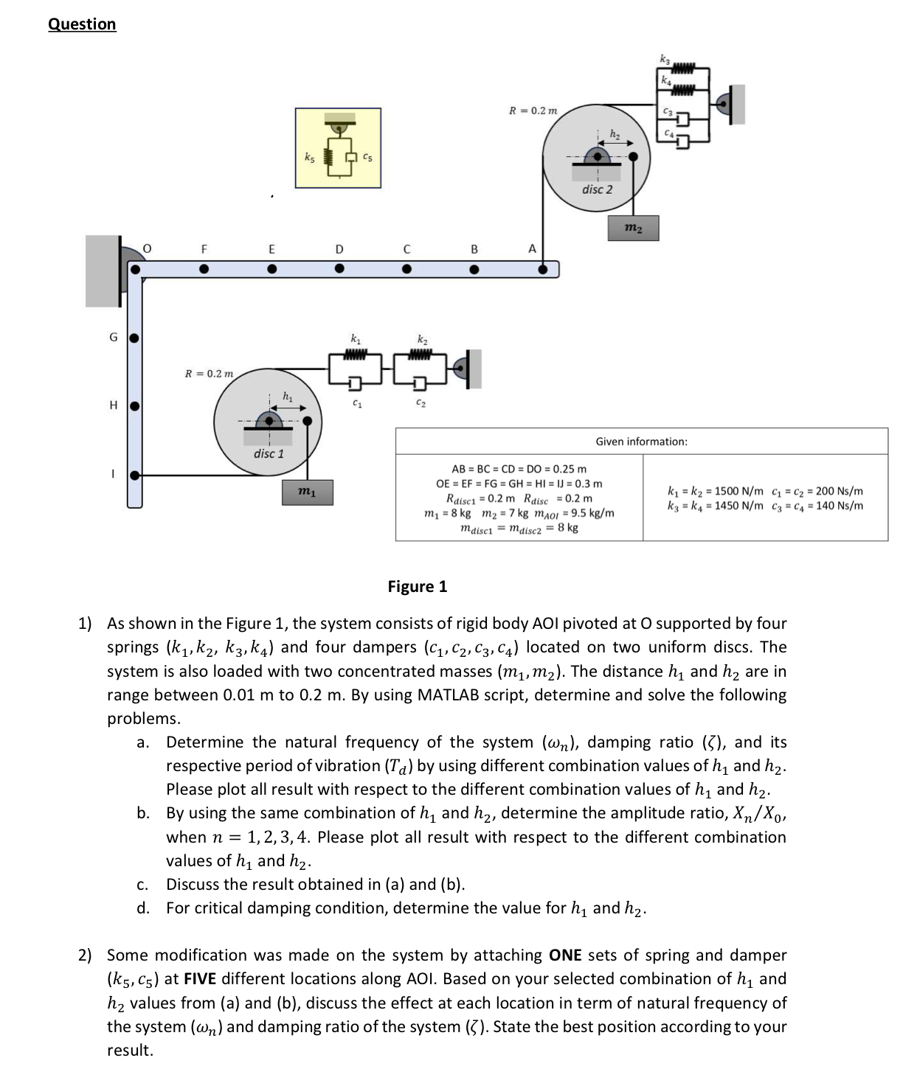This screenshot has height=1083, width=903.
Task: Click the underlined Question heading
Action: pos(82,24)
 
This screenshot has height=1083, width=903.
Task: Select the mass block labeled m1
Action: pos(308,492)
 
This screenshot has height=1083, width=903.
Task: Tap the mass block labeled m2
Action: pos(633,229)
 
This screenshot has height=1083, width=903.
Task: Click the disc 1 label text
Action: pos(269,453)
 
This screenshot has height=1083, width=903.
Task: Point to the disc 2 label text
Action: pos(597,189)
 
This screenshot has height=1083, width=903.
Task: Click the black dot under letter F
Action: pos(204,269)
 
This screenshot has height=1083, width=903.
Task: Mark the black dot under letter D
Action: pos(339,269)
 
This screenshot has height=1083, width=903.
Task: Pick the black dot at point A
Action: pos(543,269)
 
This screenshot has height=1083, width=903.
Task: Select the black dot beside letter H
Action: pos(135,405)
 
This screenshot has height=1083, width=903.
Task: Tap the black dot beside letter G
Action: pos(135,338)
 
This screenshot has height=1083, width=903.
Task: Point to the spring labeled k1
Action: pos(356,355)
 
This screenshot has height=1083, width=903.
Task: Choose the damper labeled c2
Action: pos(420,383)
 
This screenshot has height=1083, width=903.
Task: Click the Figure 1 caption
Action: pos(417,587)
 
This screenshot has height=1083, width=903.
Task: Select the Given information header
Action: pos(641,442)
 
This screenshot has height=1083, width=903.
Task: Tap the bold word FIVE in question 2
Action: pos(200,979)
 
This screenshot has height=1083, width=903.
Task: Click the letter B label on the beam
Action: pos(474,250)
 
